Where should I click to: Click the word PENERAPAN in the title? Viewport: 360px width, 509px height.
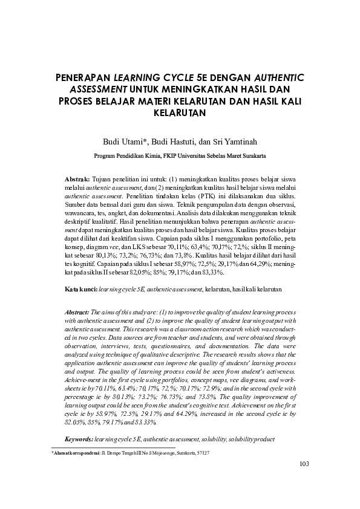click(x=82, y=78)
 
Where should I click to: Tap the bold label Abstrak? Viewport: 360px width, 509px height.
click(x=77, y=180)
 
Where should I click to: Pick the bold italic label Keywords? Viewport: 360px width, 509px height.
click(x=79, y=438)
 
